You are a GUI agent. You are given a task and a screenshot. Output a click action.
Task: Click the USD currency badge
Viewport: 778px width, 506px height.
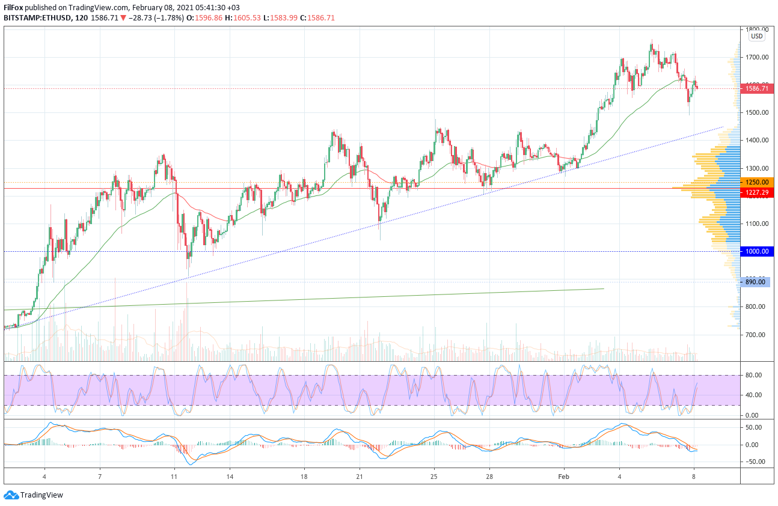(x=756, y=36)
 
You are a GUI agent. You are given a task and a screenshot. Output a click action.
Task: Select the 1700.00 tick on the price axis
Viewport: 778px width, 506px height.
(x=757, y=58)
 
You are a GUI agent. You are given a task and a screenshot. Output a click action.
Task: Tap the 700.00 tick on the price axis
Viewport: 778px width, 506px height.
(x=757, y=335)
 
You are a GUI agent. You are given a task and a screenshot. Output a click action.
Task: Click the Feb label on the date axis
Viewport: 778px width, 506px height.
(x=563, y=477)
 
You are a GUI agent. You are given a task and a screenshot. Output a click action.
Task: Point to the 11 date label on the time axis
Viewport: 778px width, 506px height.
(x=174, y=477)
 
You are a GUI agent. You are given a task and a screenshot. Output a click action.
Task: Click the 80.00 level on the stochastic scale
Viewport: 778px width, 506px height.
(x=755, y=375)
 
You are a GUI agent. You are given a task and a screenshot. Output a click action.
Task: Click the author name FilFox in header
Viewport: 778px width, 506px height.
(x=14, y=7)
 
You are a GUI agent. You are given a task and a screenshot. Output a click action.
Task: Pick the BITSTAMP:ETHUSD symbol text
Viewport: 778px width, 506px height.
(x=35, y=18)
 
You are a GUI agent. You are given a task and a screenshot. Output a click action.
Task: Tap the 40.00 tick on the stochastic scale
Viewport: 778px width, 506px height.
(x=755, y=395)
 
